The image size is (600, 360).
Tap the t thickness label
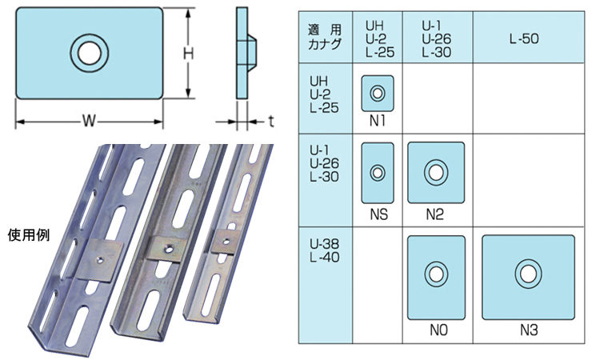(271, 122)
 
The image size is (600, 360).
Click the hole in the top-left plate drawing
(89, 53)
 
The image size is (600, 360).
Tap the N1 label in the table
(378, 122)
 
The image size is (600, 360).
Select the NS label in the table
(378, 214)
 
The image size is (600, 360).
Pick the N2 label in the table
(435, 214)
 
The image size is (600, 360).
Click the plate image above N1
(378, 95)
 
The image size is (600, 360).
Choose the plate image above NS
(378, 173)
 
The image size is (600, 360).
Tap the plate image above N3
(527, 275)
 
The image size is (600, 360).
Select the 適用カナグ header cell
(325, 37)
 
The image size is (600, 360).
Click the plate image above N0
(436, 275)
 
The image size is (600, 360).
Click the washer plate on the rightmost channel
(226, 240)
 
